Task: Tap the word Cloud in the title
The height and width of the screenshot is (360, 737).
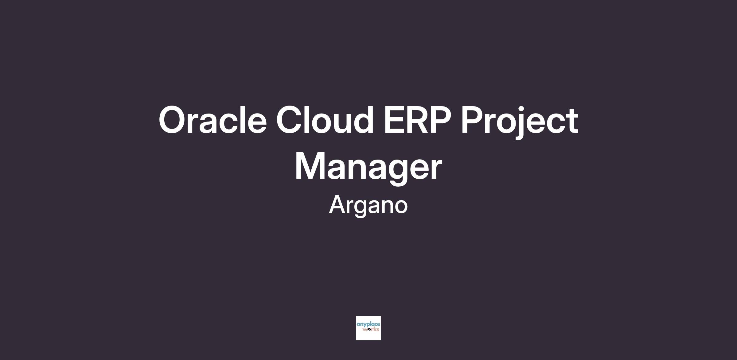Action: click(325, 120)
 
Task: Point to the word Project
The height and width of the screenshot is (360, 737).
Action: click(520, 122)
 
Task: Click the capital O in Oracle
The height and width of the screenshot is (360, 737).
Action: click(173, 120)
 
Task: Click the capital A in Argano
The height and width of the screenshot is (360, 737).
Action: click(338, 204)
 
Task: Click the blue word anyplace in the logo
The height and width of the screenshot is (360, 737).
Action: click(368, 325)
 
